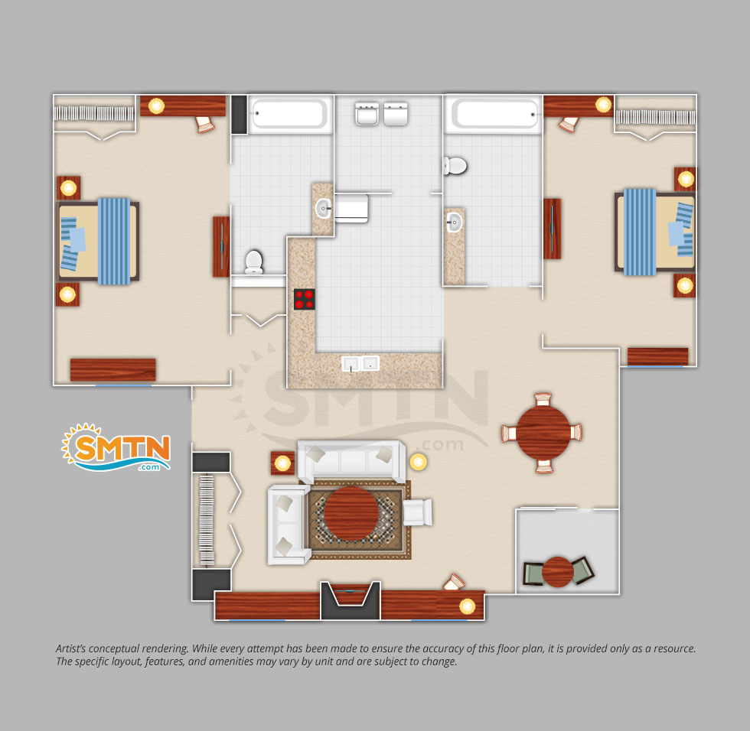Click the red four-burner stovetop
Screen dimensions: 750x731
tap(305, 299)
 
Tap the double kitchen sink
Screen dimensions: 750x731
tap(360, 363)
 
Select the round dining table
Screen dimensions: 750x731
tap(543, 433)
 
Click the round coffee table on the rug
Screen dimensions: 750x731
tap(351, 514)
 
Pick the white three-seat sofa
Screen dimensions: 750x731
tap(351, 462)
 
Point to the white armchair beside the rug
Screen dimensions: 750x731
tap(418, 512)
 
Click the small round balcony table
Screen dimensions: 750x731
tap(558, 571)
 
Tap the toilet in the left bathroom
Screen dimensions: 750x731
tap(253, 262)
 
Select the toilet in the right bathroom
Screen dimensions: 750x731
tap(455, 166)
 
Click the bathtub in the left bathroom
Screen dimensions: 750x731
tap(288, 114)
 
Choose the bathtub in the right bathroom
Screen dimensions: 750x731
tap(494, 114)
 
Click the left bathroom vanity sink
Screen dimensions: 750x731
tap(323, 208)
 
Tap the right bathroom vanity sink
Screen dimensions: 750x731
tap(454, 223)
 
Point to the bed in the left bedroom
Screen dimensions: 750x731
tap(99, 242)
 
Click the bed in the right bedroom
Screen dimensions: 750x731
tap(655, 232)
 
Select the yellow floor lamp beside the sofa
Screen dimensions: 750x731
tap(418, 462)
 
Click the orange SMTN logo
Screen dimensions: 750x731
tap(116, 447)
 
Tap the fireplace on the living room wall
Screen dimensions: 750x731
tap(351, 600)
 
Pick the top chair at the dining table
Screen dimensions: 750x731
tap(543, 399)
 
